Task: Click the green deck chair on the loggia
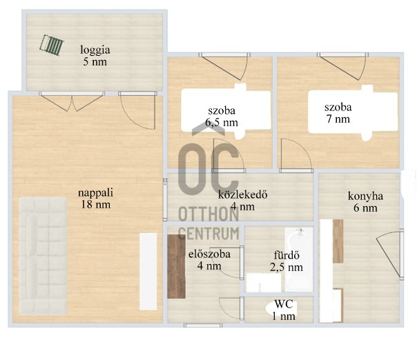tap(52, 46)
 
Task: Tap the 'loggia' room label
tap(95, 50)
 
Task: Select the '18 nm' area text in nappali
tap(96, 205)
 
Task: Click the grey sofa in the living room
tap(43, 256)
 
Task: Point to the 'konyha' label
tap(365, 197)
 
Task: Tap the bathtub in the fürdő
tap(299, 259)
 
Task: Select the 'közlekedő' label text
tap(242, 194)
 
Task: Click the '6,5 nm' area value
tap(222, 123)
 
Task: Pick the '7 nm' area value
tap(338, 119)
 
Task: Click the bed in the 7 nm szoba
tap(353, 112)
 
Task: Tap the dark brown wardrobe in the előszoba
tap(176, 266)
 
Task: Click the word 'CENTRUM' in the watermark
tap(208, 234)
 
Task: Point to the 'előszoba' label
tap(209, 254)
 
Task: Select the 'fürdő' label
tap(287, 255)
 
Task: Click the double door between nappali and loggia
tap(72, 101)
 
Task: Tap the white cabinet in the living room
tap(148, 271)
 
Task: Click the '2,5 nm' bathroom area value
tap(287, 268)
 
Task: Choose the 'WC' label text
tap(284, 304)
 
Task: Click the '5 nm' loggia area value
tap(95, 62)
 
